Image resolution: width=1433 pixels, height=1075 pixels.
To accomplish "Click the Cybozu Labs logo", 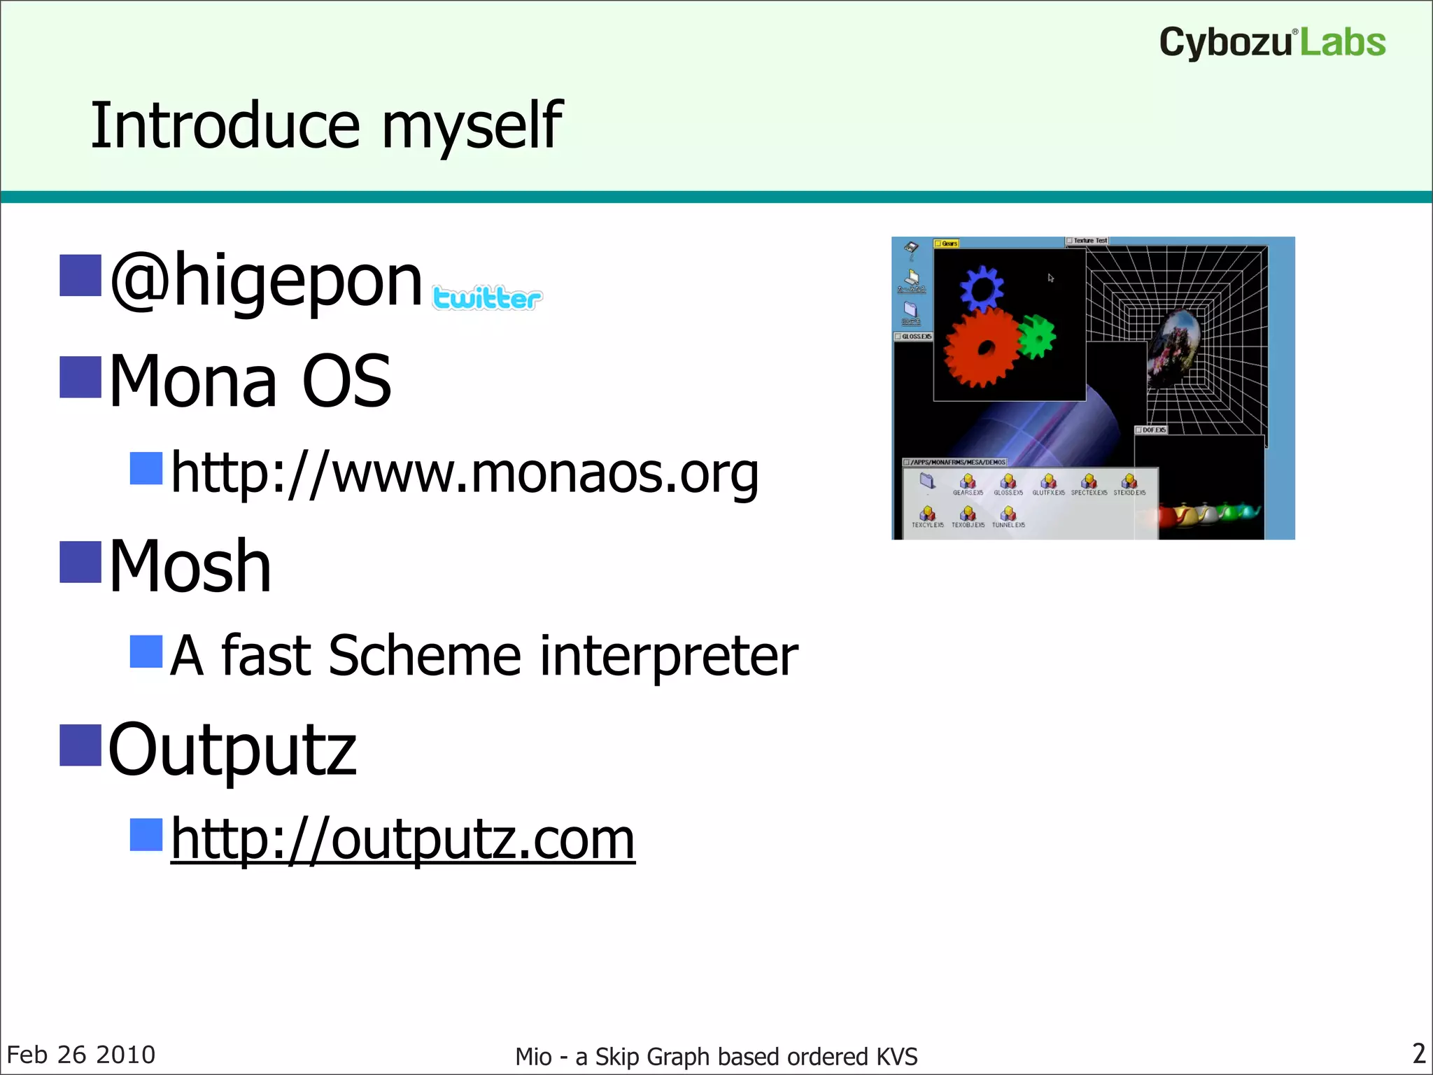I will click(x=1272, y=42).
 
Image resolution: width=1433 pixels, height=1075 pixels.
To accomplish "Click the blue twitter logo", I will click(x=487, y=298).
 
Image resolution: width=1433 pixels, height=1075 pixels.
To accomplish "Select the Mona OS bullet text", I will click(x=250, y=381).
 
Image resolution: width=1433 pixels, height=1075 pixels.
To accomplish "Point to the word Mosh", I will click(x=190, y=567).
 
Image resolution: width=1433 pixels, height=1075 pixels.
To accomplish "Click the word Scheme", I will click(x=425, y=656).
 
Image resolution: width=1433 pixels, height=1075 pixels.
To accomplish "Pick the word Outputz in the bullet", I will click(x=232, y=750).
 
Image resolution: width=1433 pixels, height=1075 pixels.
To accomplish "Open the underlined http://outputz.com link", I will click(x=403, y=840).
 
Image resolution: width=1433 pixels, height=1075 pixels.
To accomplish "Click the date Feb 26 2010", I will click(x=81, y=1055).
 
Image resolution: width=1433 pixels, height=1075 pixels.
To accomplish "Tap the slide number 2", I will click(x=1418, y=1053).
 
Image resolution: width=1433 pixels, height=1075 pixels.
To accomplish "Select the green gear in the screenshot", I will click(x=1036, y=336).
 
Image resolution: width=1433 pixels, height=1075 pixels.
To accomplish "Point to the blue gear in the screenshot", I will click(x=982, y=287).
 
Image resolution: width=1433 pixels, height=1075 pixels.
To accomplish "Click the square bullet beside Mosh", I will click(x=80, y=562).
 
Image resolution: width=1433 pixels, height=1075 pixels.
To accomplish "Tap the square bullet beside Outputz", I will click(x=80, y=746).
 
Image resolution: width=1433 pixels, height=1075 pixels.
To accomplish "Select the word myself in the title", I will click(x=472, y=126).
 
